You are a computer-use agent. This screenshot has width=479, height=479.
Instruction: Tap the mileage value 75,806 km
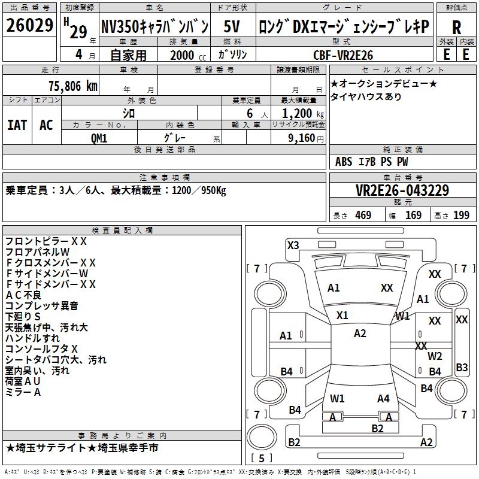[70, 86]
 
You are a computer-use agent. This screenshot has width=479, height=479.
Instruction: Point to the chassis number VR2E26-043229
[402, 191]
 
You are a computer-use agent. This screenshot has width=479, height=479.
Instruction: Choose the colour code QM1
[99, 138]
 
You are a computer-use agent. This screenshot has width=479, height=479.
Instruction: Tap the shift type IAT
[17, 125]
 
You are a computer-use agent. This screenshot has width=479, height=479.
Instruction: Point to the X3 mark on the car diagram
[293, 245]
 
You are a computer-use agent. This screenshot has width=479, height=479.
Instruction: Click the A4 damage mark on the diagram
[383, 398]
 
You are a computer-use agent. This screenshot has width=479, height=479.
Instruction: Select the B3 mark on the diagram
[462, 367]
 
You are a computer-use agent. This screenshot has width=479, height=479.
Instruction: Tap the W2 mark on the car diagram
[435, 356]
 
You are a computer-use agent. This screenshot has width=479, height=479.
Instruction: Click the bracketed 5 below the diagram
[261, 459]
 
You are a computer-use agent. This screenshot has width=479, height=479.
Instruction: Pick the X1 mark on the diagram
[342, 315]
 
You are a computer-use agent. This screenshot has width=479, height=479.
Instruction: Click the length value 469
[363, 215]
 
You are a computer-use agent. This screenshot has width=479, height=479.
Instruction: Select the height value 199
[461, 215]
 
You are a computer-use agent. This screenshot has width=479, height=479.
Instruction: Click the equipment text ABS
[344, 162]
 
